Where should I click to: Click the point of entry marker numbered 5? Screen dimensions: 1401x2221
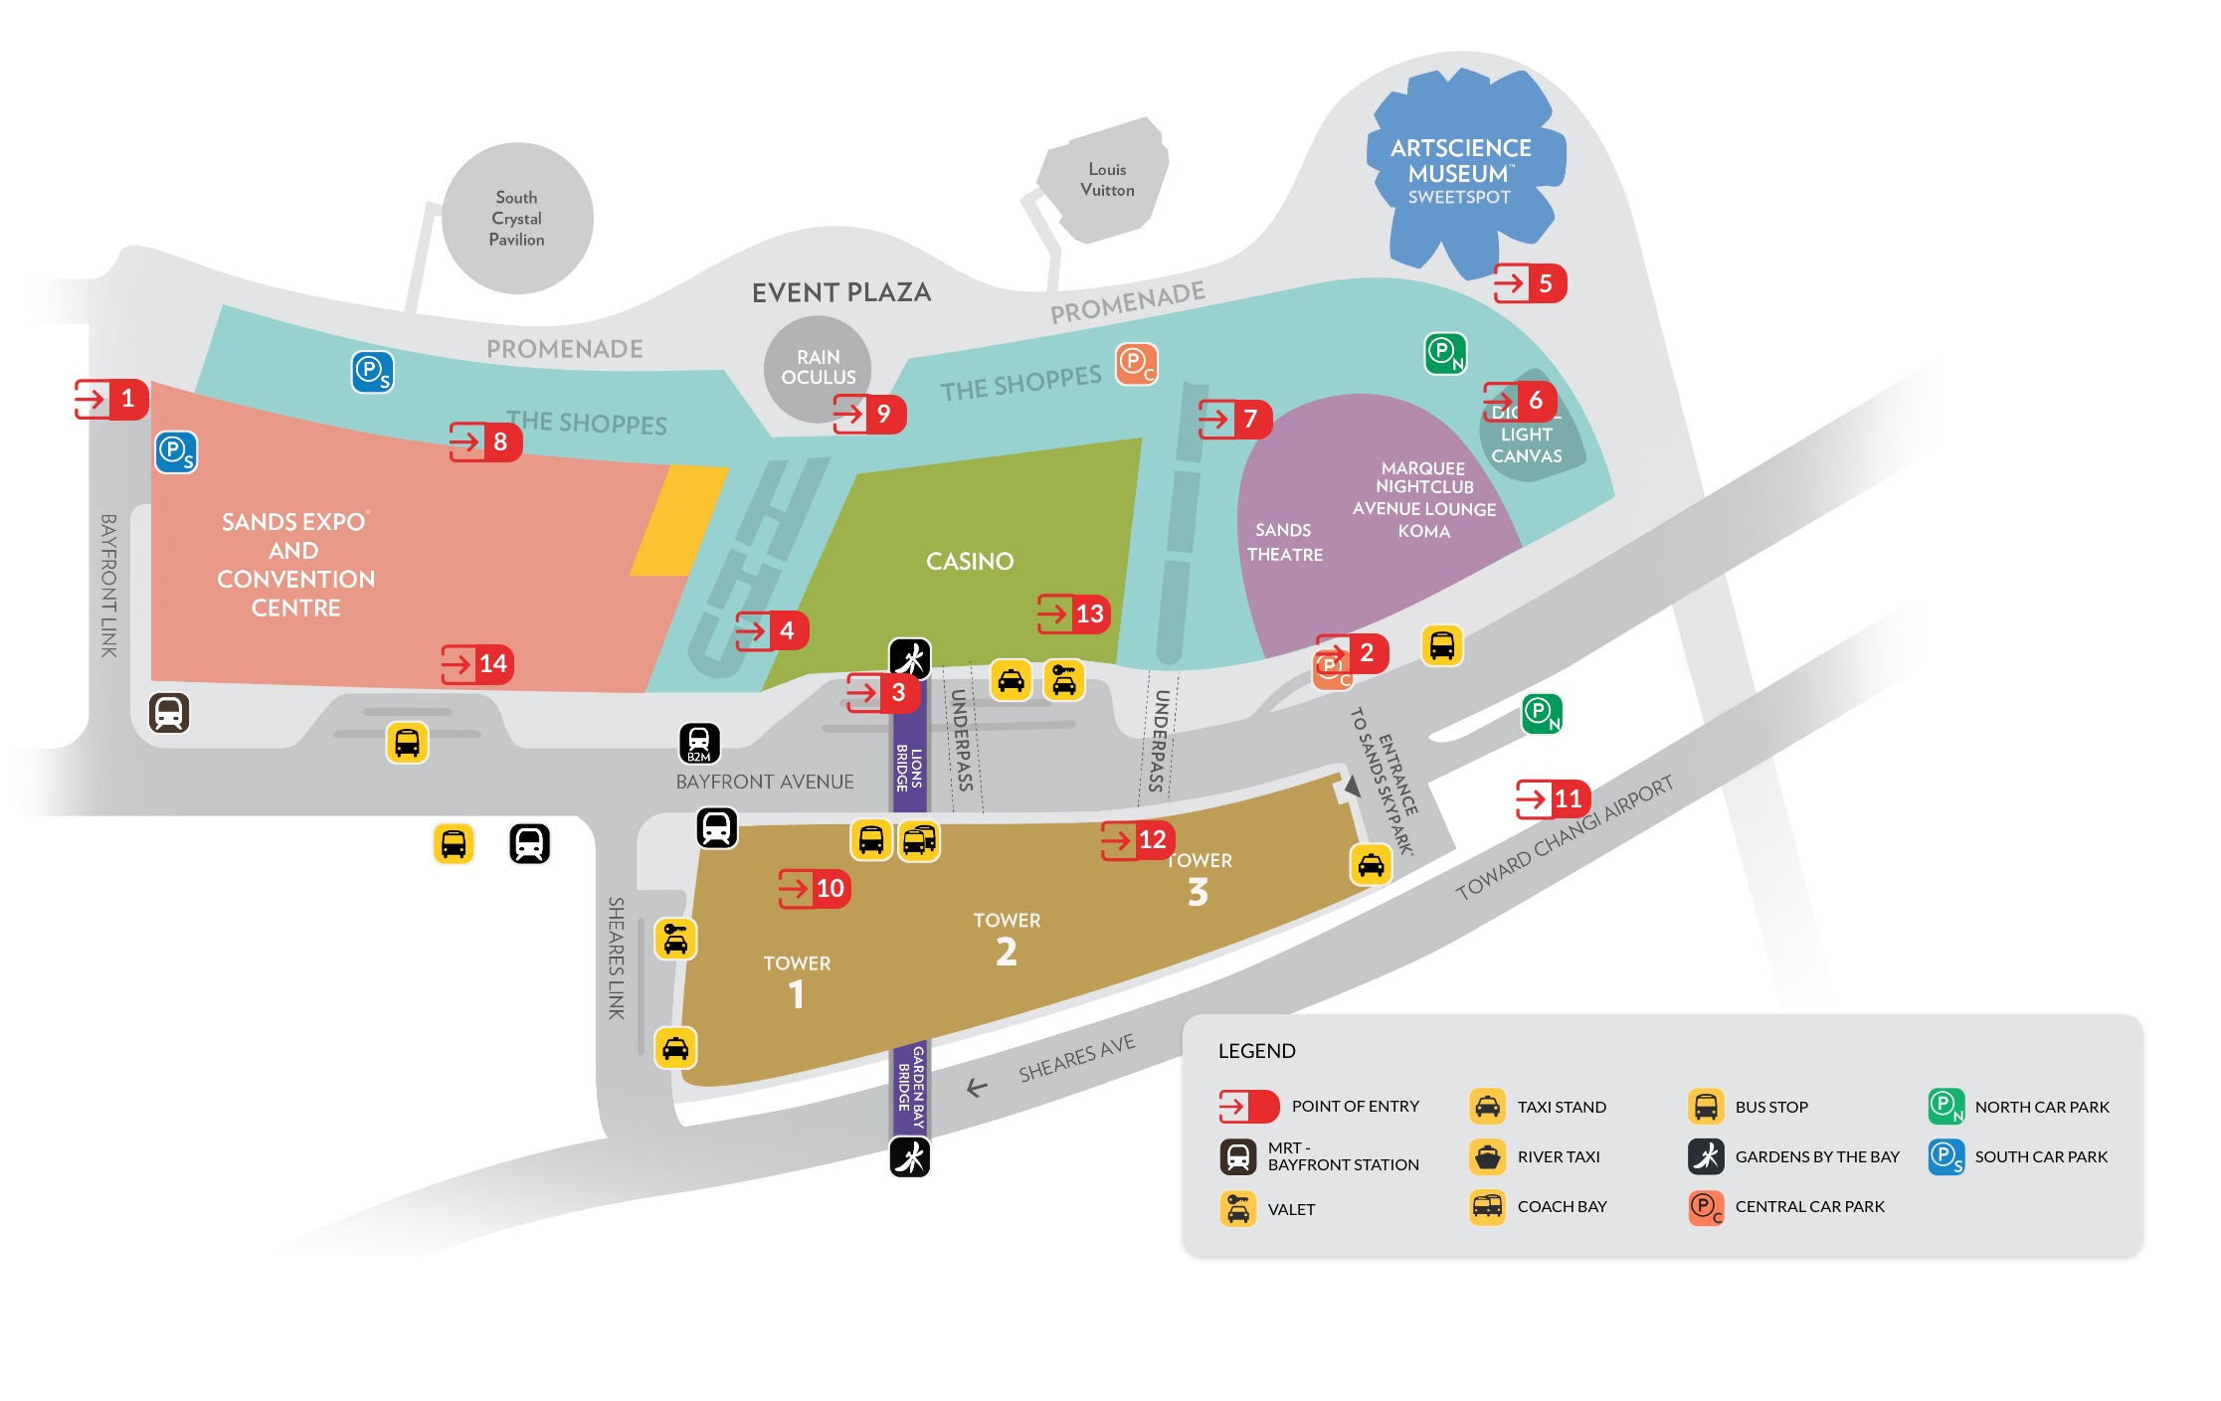click(1529, 284)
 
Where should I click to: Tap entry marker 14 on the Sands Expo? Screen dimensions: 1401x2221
click(477, 664)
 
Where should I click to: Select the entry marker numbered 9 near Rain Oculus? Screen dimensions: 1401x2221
click(869, 414)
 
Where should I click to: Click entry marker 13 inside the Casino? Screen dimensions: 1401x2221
click(1073, 613)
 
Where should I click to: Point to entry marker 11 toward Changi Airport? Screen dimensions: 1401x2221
click(1553, 798)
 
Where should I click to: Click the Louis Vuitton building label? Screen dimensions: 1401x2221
click(1107, 180)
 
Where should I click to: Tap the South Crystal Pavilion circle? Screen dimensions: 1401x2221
click(517, 219)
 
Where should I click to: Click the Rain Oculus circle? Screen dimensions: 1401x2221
click(818, 367)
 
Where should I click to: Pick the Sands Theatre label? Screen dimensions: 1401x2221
click(1284, 543)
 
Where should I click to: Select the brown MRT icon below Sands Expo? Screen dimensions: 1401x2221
click(169, 713)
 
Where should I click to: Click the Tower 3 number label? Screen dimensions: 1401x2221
click(1198, 892)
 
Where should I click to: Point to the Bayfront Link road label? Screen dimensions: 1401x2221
click(108, 586)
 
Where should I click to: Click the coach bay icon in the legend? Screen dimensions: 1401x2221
click(1487, 1207)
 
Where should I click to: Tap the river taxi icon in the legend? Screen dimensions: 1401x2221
click(1487, 1157)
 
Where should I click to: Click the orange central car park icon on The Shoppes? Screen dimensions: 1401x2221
click(1135, 364)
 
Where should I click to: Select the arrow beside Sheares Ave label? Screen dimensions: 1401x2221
click(977, 1089)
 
